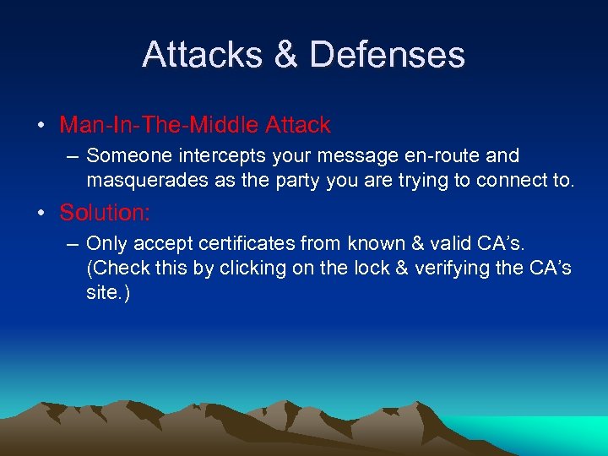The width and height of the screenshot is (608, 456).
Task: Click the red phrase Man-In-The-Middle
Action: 160,125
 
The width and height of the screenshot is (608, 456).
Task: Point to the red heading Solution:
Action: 105,213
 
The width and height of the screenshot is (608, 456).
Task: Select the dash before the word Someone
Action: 73,156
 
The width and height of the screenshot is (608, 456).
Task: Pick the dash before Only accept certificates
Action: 73,244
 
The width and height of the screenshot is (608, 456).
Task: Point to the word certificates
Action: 252,243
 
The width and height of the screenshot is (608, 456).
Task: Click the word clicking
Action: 248,268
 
